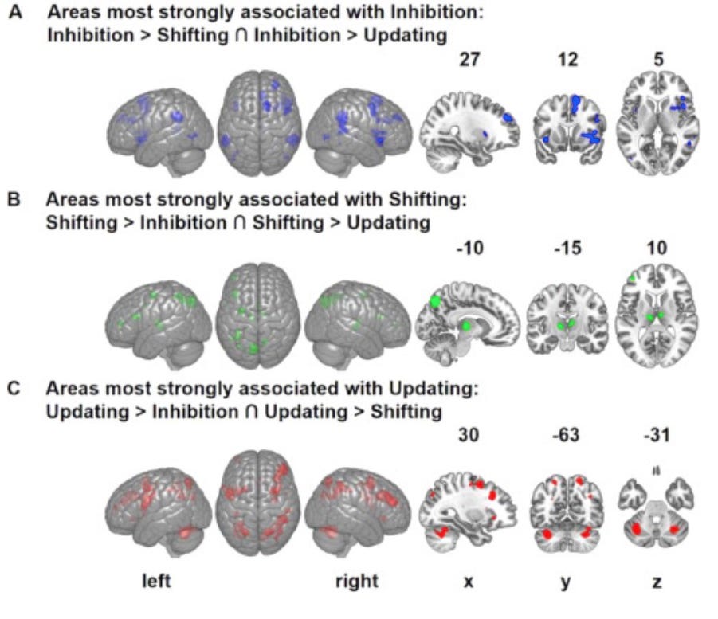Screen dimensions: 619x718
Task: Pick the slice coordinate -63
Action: [x=563, y=435]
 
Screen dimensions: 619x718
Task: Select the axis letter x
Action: [x=469, y=582]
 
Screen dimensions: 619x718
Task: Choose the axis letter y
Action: [x=564, y=582]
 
